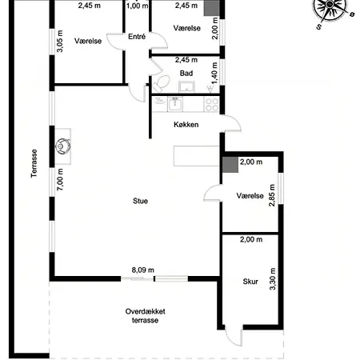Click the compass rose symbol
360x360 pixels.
pyautogui.click(x=330, y=8)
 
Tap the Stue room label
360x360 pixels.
pyautogui.click(x=140, y=201)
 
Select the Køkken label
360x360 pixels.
pyautogui.click(x=186, y=125)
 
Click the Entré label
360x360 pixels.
pyautogui.click(x=137, y=37)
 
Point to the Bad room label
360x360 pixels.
pyautogui.click(x=186, y=73)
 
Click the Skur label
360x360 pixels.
pyautogui.click(x=250, y=282)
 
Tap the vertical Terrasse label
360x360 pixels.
pyautogui.click(x=34, y=163)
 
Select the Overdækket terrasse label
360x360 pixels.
pyautogui.click(x=145, y=316)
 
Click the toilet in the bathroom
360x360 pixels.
pyautogui.click(x=161, y=83)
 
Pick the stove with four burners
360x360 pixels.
pyautogui.click(x=212, y=104)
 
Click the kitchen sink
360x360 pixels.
pyautogui.click(x=175, y=104)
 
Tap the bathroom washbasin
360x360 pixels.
pyautogui.click(x=186, y=87)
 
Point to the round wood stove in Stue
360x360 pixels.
pyautogui.click(x=63, y=146)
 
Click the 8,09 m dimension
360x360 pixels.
pyautogui.click(x=143, y=270)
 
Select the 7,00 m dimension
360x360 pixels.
pyautogui.click(x=60, y=179)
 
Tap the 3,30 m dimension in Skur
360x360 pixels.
pyautogui.click(x=272, y=278)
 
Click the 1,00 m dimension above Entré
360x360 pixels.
pyautogui.click(x=137, y=6)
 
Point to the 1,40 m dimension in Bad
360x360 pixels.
pyautogui.click(x=214, y=73)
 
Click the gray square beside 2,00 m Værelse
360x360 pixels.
pyautogui.click(x=230, y=165)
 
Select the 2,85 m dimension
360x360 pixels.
pyautogui.click(x=272, y=195)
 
